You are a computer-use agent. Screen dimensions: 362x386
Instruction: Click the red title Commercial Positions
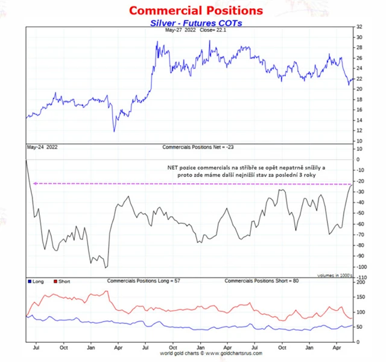[195, 11]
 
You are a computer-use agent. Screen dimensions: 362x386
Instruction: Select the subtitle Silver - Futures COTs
[195, 23]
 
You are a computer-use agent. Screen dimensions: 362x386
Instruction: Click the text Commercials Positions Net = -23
[198, 147]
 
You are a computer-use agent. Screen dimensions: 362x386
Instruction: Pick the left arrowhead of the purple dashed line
[35, 183]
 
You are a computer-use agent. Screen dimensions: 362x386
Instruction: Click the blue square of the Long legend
[30, 282]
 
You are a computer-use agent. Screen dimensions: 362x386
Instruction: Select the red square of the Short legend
[55, 282]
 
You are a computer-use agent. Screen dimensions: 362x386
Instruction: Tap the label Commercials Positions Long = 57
[144, 282]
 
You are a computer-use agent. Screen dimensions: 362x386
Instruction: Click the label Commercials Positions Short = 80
[261, 282]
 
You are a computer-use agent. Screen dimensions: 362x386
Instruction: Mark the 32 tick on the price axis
[359, 27]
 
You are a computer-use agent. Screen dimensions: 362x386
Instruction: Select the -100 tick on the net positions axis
[361, 267]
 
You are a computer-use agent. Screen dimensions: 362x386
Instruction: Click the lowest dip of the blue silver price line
[113, 131]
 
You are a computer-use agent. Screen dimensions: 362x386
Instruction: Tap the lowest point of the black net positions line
[106, 267]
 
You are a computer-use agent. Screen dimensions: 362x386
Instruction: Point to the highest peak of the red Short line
[107, 291]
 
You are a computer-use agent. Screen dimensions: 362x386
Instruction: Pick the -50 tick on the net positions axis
[361, 213]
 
